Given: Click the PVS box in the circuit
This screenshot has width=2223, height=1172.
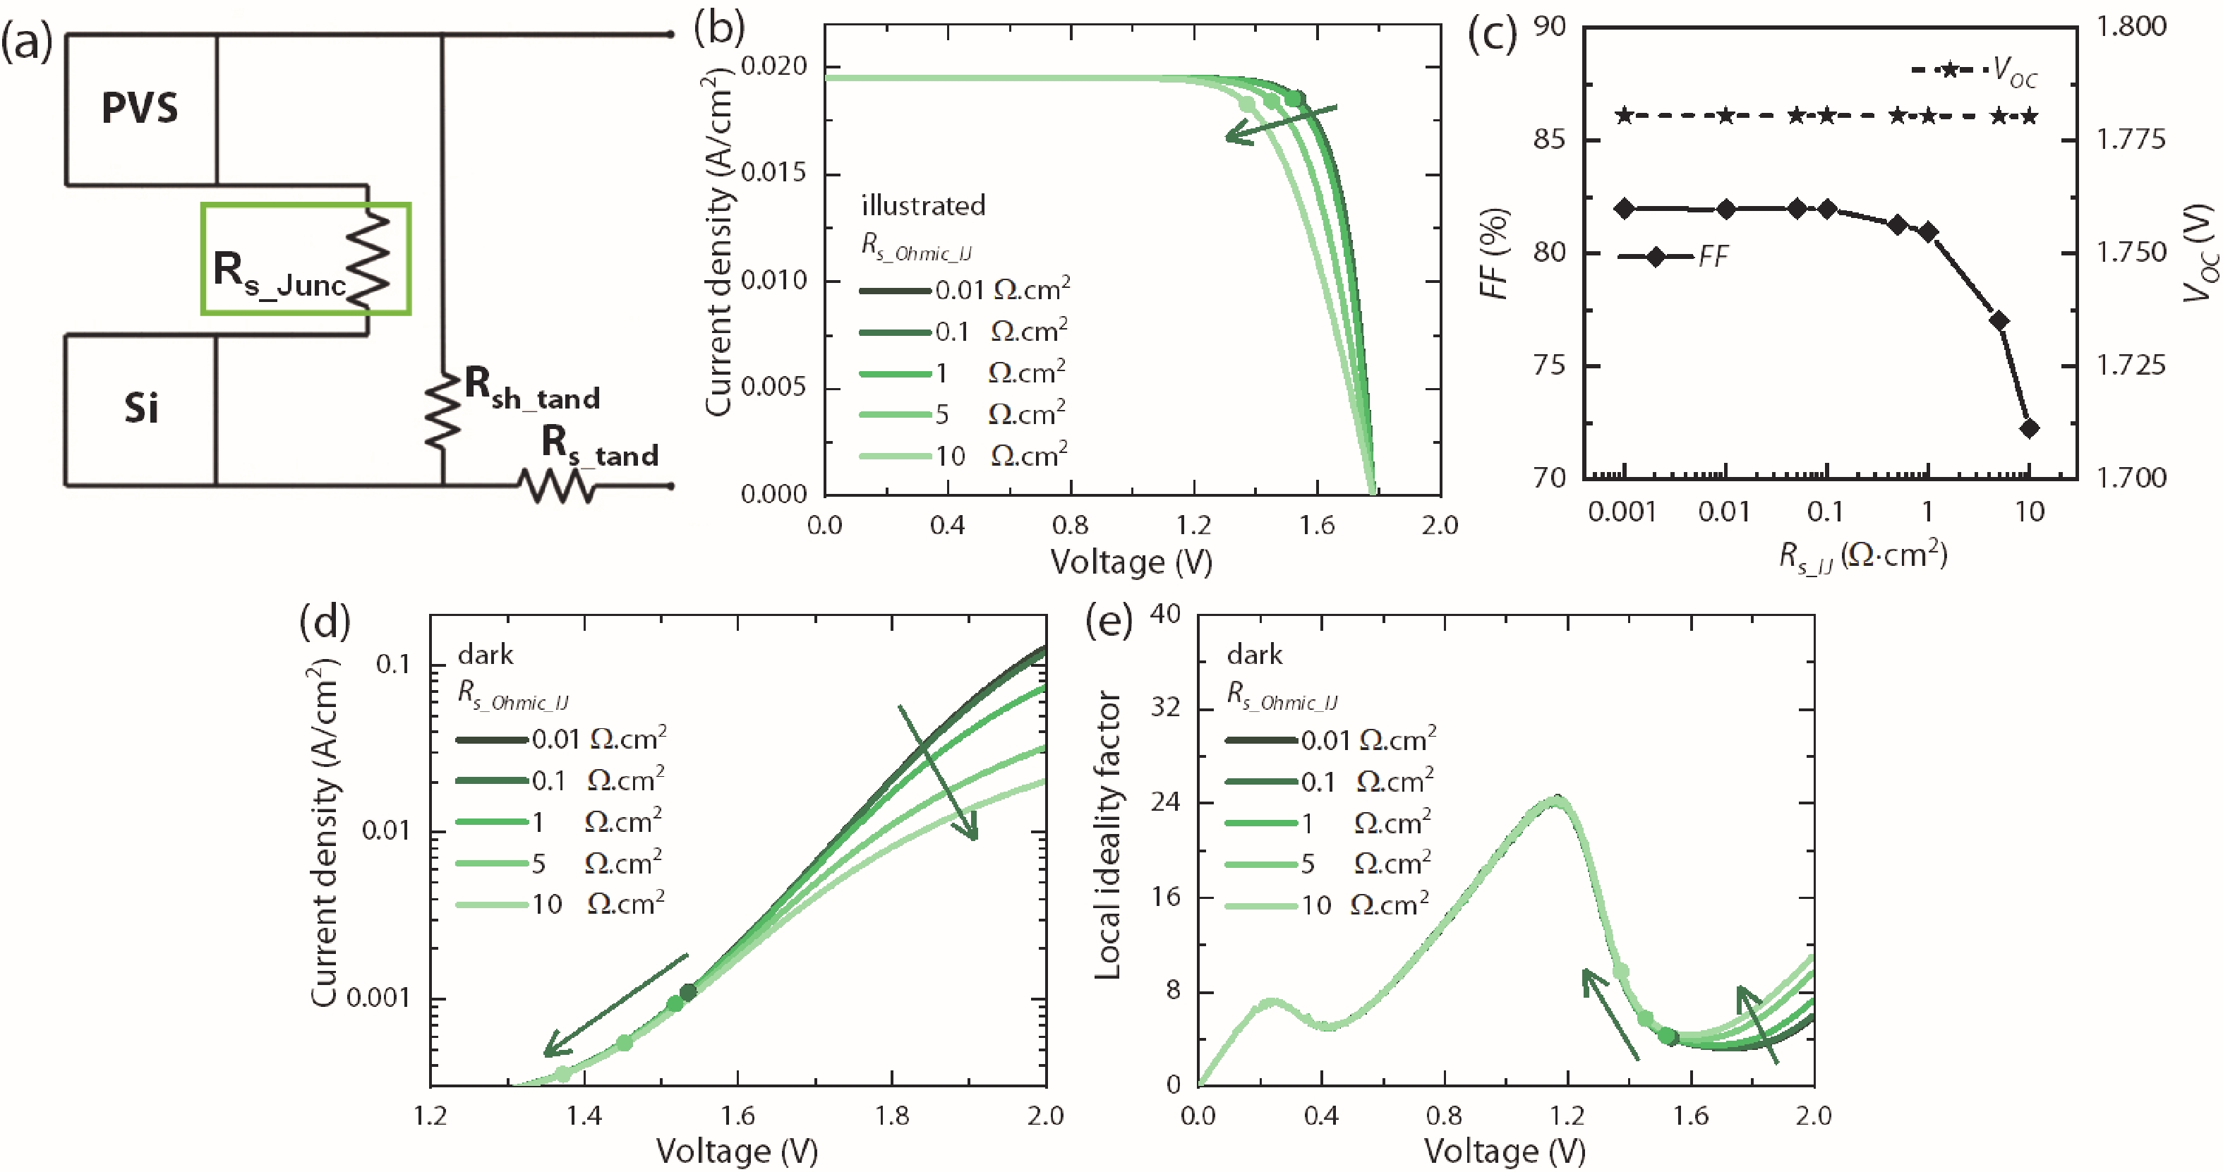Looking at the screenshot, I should pos(140,109).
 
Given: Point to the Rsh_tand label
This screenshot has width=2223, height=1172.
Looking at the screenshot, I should pos(531,388).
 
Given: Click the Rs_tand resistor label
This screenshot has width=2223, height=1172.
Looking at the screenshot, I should pos(599,445).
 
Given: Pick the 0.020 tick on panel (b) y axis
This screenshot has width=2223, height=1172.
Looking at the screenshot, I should pos(773,66).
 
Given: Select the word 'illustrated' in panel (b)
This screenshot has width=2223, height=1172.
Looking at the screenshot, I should pos(922,205).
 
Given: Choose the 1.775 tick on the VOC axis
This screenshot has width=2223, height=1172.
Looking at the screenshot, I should pos(2131,140).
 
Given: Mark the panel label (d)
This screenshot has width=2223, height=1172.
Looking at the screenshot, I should pos(325,620).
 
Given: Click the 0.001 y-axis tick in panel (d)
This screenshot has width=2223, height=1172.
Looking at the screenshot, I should pos(380,998).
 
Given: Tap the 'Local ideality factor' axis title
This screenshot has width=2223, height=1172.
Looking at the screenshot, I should pos(1107,835).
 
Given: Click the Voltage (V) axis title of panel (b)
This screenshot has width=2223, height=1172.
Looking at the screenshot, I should pos(1131,562).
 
